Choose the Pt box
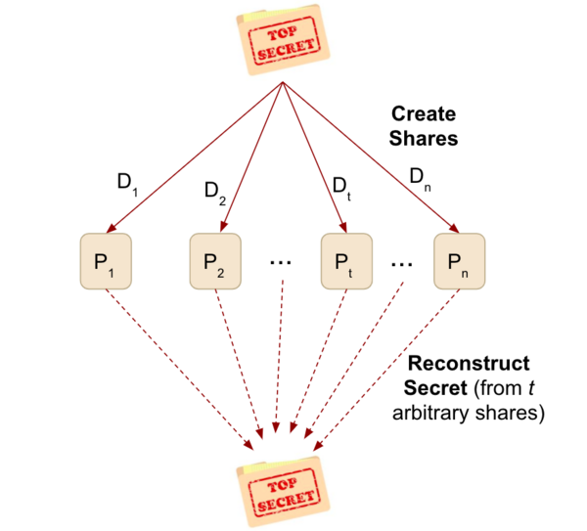[x=346, y=261]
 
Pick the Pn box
[x=459, y=261]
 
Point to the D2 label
[x=215, y=191]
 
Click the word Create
[x=424, y=113]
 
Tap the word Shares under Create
[x=424, y=138]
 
